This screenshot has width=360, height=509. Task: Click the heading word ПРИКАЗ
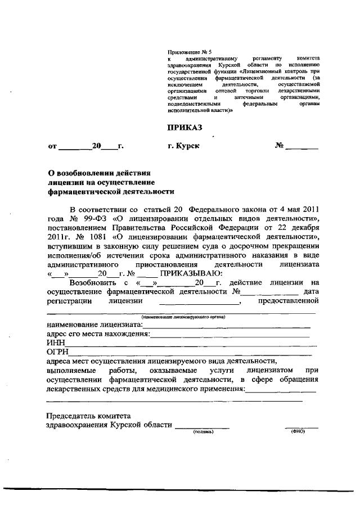coord(184,127)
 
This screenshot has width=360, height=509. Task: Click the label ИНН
coord(55,343)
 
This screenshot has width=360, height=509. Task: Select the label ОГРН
coord(57,352)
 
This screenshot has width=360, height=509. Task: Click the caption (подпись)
coord(202,432)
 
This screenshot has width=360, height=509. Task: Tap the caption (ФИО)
coord(297,432)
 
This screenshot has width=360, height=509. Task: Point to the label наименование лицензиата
coord(94,325)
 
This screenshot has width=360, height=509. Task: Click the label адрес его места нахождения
coord(98,334)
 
